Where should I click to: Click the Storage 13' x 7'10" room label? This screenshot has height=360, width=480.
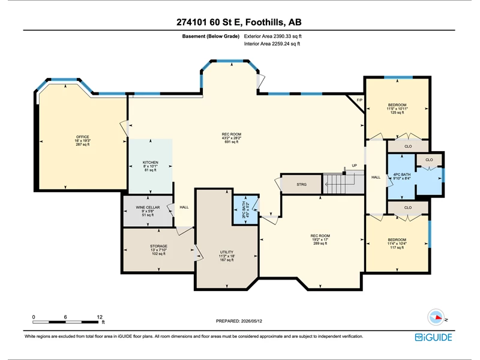(x=158, y=250)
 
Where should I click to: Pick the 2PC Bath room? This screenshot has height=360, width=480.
(x=245, y=209)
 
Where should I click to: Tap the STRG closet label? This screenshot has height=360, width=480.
(x=302, y=185)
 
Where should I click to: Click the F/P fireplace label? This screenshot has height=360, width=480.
(x=359, y=100)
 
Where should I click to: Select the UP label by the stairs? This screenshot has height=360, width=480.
(x=354, y=166)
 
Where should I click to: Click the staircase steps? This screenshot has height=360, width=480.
(x=343, y=184)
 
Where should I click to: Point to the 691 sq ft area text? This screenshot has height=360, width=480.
(x=232, y=142)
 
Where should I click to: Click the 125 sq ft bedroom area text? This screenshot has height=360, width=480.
(x=397, y=112)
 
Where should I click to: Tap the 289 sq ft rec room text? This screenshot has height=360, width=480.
(x=320, y=244)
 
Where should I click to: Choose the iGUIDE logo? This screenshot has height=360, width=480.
(x=433, y=337)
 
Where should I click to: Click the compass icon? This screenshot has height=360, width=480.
(x=436, y=317)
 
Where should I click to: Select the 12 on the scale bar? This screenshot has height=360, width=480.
(x=100, y=317)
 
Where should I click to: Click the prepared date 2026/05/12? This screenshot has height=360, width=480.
(x=251, y=321)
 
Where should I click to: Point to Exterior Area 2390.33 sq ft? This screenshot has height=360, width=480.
(x=273, y=36)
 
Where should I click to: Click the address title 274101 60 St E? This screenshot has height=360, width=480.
(x=209, y=22)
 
